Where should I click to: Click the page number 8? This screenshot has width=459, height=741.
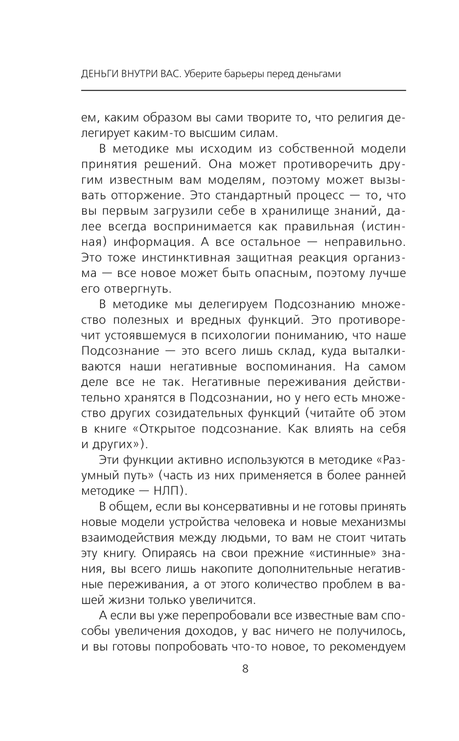coord(245,669)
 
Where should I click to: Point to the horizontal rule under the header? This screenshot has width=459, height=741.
coord(243,90)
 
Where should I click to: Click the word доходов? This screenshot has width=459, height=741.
coord(205,631)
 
